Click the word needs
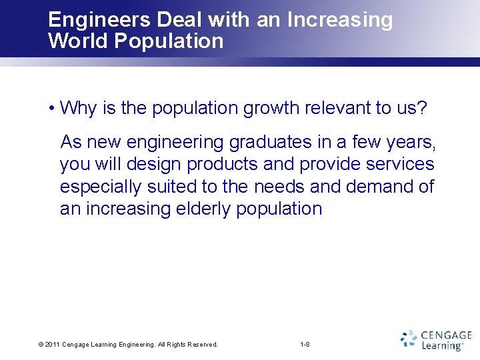tap(283, 187)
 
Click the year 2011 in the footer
tap(53, 345)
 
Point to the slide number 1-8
tap(305, 345)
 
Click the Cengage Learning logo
tap(436, 340)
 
